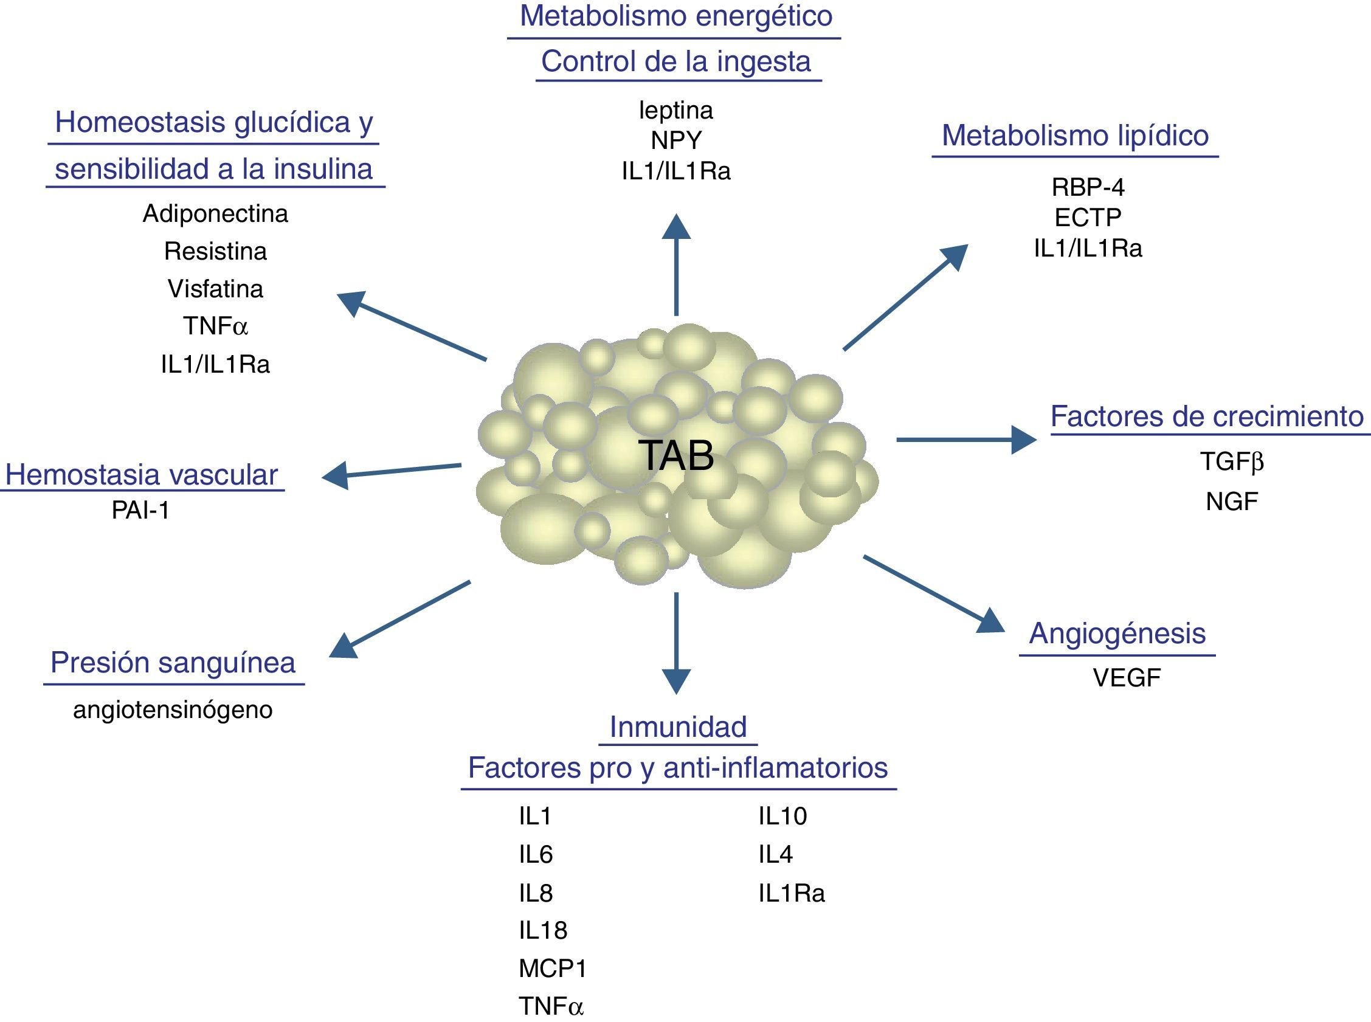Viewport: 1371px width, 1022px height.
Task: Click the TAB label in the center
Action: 675,456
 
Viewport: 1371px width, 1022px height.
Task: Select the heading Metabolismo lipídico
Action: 1075,136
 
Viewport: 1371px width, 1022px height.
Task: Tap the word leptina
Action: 675,111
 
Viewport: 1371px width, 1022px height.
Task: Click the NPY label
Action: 675,140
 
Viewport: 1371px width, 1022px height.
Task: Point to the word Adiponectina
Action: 215,214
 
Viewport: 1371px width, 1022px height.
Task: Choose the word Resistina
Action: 215,252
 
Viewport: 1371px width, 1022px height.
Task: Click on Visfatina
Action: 215,289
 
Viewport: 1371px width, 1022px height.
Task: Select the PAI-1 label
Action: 140,510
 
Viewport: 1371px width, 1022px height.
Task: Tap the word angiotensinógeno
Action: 173,710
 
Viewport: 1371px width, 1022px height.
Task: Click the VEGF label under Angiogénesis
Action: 1127,678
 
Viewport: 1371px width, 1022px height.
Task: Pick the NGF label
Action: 1231,502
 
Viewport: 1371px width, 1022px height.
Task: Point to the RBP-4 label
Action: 1088,187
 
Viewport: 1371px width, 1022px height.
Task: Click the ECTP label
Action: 1088,217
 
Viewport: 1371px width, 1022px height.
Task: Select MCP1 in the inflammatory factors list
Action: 552,968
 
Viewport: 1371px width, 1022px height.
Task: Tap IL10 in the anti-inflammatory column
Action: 782,817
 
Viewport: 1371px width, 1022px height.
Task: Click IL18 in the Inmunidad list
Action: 542,930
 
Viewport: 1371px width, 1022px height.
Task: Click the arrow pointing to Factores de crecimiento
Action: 965,439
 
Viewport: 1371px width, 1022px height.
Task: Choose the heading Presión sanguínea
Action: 173,663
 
